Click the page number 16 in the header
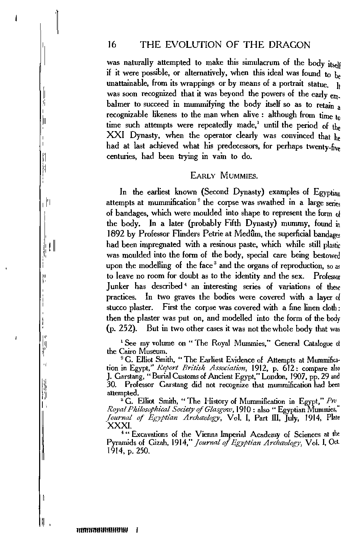111,45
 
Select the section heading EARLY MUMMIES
219,176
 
